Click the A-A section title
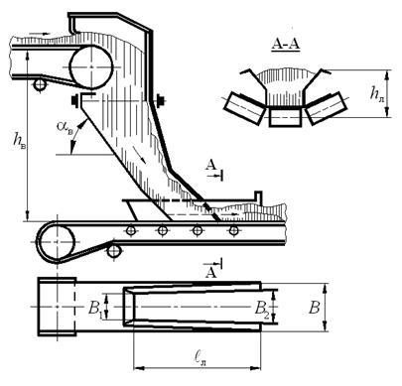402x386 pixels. click(286, 44)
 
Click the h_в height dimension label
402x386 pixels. click(19, 140)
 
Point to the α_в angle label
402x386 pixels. click(65, 127)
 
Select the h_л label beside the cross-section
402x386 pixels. click(377, 95)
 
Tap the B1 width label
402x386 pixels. click(95, 308)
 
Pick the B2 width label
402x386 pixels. click(262, 309)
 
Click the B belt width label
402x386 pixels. click(314, 308)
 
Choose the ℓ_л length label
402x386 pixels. click(200, 358)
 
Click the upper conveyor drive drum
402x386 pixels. click(91, 67)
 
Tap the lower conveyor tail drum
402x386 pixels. click(58, 242)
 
